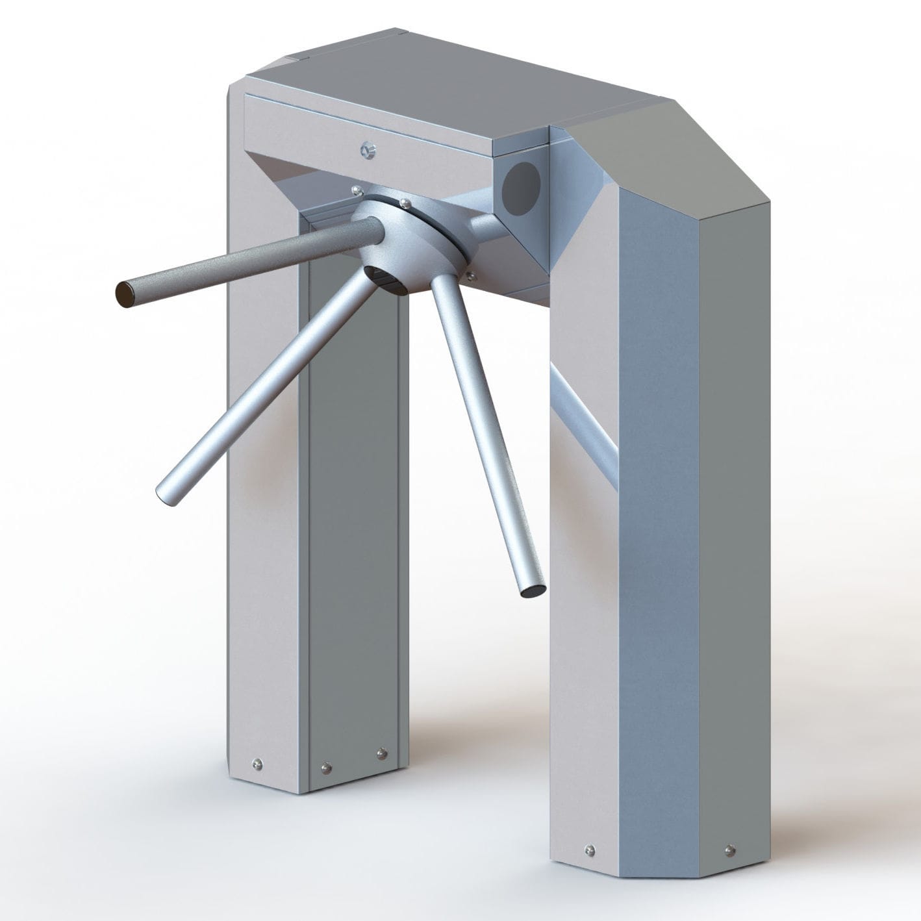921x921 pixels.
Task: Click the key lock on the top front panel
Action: (368, 150)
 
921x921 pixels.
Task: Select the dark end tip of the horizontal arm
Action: (124, 295)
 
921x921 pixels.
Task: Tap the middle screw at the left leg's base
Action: (325, 768)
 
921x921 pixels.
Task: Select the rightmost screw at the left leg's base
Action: (381, 753)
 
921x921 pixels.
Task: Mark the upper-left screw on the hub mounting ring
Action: (356, 190)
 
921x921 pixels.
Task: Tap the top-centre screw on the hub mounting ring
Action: (405, 203)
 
